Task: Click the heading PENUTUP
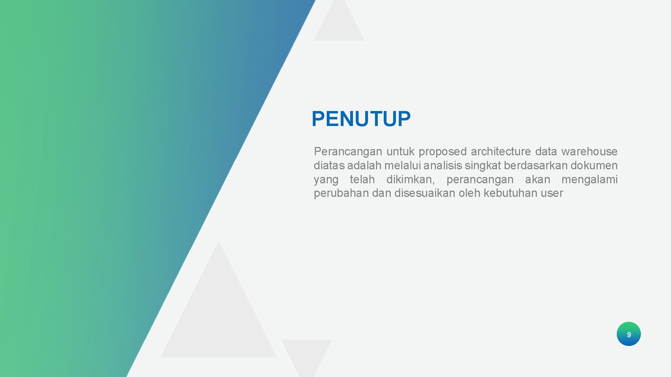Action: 361,119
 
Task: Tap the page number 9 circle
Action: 628,334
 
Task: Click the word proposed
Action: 442,151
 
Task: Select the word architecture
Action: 501,151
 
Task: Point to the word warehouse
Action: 589,151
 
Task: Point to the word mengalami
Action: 589,179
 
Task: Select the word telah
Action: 362,179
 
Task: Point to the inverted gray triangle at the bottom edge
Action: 306,354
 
